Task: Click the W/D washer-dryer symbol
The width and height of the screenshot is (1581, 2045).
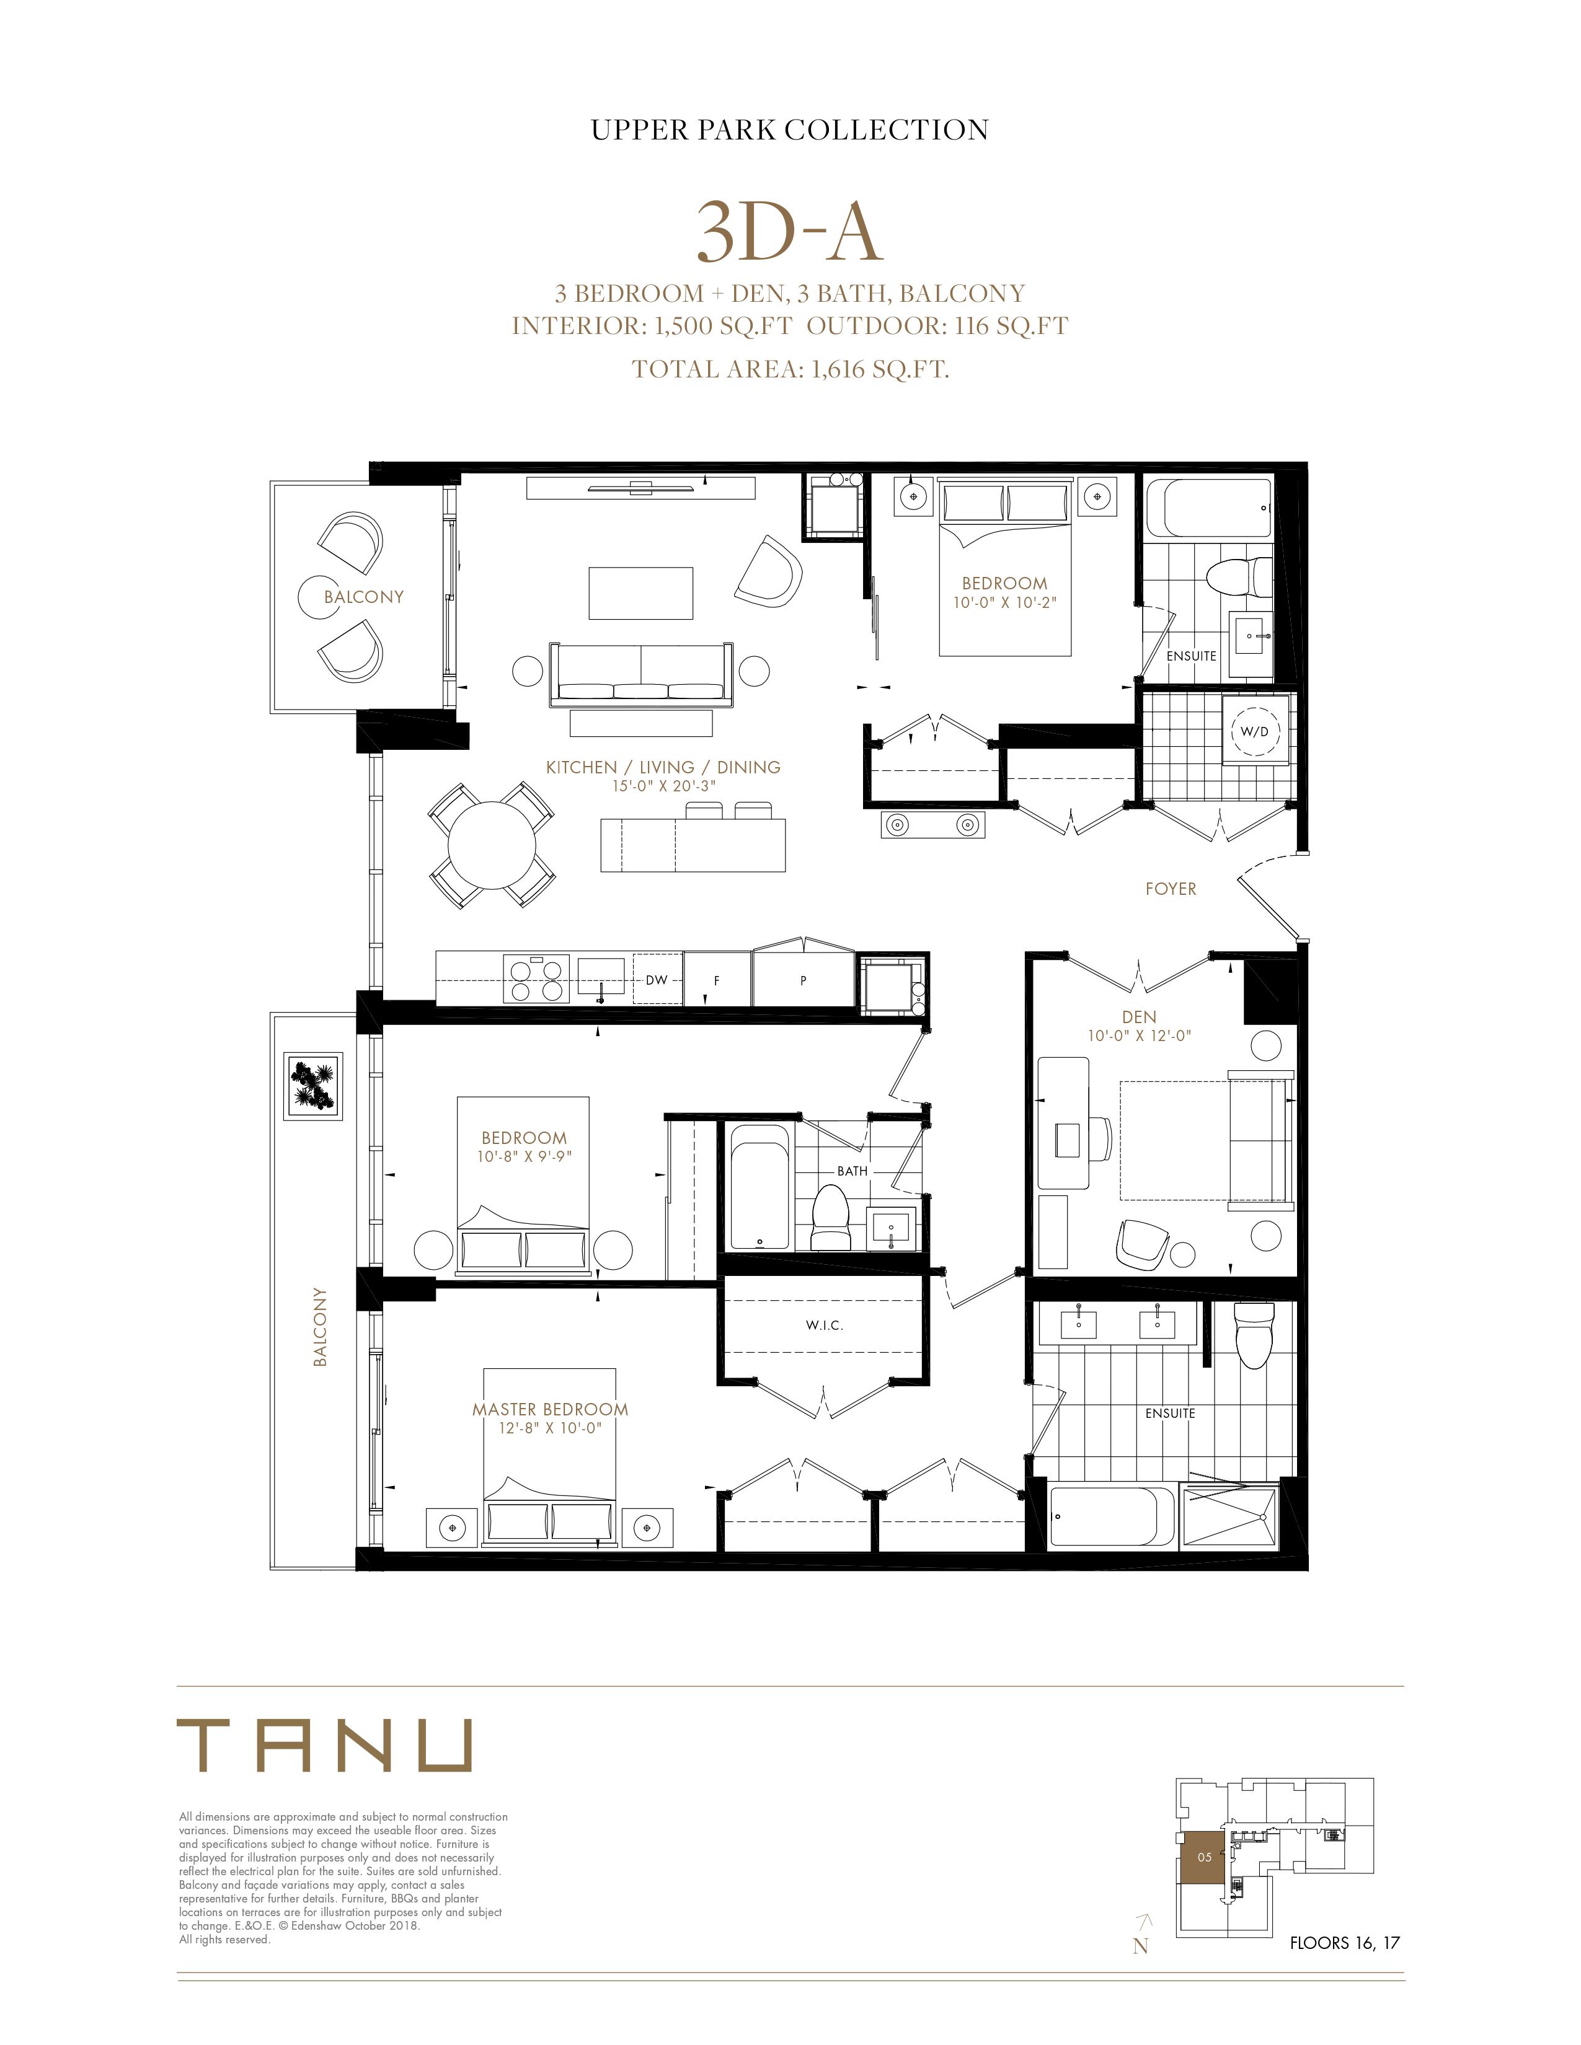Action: pyautogui.click(x=1255, y=731)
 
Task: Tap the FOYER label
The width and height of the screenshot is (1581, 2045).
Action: pyautogui.click(x=1171, y=889)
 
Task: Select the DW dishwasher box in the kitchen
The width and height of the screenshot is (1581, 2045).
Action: pyautogui.click(x=657, y=979)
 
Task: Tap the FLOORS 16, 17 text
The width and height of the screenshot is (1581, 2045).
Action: pyautogui.click(x=1345, y=1943)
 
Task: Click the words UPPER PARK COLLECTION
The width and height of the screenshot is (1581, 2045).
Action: pyautogui.click(x=789, y=130)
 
